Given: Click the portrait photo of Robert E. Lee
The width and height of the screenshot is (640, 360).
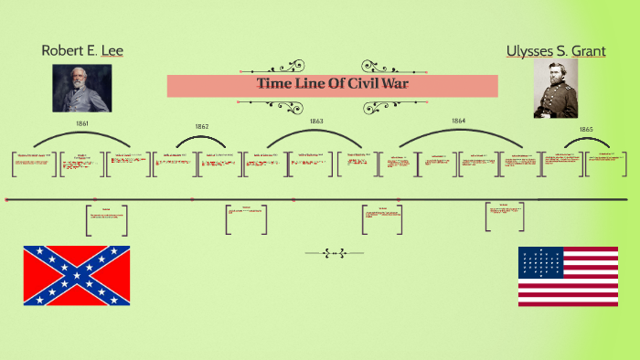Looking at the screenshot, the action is click(81, 88).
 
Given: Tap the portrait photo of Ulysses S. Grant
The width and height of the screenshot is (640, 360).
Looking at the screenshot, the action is click(556, 89).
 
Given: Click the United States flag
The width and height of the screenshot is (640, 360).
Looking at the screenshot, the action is click(568, 276).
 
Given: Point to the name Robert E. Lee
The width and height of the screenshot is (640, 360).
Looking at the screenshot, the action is click(82, 50).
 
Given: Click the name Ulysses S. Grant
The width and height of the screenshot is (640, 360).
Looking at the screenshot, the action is click(557, 51).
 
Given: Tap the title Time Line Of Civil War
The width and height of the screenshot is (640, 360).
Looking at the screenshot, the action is click(332, 85).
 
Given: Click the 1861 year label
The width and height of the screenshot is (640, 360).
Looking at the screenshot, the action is click(81, 122).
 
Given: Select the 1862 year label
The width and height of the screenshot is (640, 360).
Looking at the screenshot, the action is click(202, 126).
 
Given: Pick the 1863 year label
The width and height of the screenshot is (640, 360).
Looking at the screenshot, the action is click(316, 121).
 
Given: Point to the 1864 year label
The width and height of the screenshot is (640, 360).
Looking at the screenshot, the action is click(458, 121).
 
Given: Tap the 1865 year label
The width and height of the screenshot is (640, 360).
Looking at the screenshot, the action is click(585, 130).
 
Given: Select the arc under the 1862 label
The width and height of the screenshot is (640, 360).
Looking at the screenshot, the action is click(201, 138).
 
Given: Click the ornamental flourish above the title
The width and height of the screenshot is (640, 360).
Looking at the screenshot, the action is click(332, 67).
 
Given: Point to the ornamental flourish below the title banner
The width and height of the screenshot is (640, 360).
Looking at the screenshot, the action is click(332, 106).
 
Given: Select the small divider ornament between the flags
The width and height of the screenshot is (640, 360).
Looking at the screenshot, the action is click(333, 253).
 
